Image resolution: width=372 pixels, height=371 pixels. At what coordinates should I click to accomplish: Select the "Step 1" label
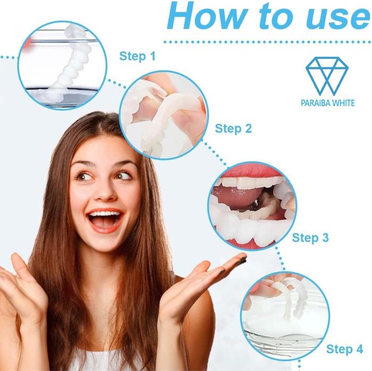pyautogui.click(x=137, y=56)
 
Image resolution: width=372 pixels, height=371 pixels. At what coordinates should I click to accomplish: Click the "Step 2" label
pyautogui.click(x=233, y=128)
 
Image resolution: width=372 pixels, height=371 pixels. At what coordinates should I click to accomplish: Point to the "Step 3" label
pyautogui.click(x=310, y=238)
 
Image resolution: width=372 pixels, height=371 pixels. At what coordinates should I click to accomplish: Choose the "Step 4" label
pyautogui.click(x=344, y=349)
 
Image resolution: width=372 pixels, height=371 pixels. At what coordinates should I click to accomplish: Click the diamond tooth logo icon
pyautogui.click(x=327, y=76)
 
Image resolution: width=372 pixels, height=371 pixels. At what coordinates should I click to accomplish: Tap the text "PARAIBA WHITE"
pyautogui.click(x=328, y=103)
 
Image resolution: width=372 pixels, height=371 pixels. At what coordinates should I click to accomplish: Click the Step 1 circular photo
pyautogui.click(x=62, y=66)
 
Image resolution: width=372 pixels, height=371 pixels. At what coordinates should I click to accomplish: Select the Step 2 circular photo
pyautogui.click(x=164, y=115)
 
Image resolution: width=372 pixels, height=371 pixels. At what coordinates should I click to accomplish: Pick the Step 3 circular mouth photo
pyautogui.click(x=252, y=206)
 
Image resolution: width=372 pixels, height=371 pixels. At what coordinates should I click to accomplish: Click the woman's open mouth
pyautogui.click(x=105, y=220)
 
